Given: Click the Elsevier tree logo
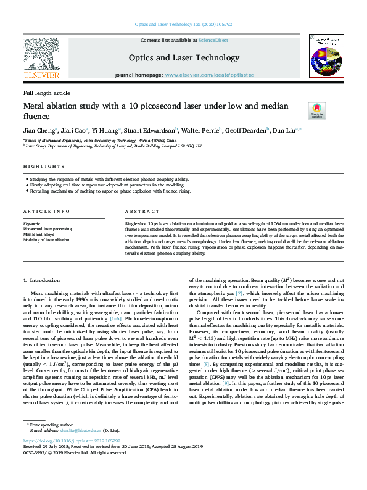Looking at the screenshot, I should click(x=41, y=57).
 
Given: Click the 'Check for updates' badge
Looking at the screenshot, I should click(x=334, y=110).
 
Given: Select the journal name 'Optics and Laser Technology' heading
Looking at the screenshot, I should click(x=183, y=57).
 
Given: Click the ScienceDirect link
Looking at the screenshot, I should click(x=213, y=39).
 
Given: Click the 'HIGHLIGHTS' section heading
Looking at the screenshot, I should click(x=36, y=167).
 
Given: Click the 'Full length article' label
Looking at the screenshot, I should click(x=47, y=93).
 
